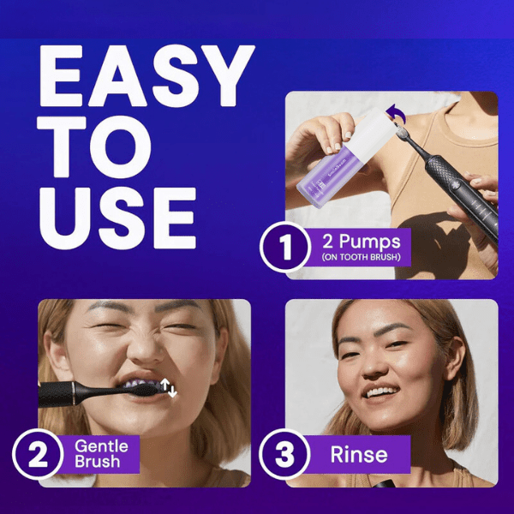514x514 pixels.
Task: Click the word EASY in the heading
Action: pos(147,75)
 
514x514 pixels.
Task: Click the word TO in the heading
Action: pos(94,146)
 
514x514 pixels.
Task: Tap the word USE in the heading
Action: pos(118,218)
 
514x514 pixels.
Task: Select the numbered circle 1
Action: pos(285,247)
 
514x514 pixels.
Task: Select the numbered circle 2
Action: pos(38,454)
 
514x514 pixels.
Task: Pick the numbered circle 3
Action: pos(284,454)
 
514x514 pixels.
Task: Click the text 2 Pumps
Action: pos(362,242)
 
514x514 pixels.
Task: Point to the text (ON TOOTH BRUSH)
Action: pos(361,257)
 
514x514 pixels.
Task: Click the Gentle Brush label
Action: pos(101,454)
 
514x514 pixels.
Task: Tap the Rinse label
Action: pos(359,454)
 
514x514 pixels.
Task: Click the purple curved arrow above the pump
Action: pos(396,113)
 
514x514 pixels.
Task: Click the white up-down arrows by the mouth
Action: pos(169,387)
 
